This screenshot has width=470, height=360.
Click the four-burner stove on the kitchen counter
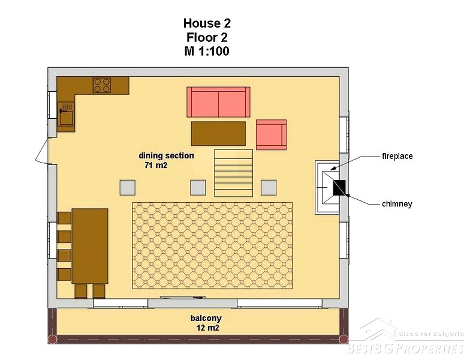(x=102, y=85)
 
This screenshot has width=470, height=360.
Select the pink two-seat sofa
(x=218, y=102)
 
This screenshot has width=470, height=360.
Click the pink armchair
(x=271, y=134)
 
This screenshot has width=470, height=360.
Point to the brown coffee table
(x=218, y=133)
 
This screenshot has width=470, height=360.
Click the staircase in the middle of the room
(x=234, y=173)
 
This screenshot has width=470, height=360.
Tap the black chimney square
(x=339, y=187)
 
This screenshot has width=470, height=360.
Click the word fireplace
(x=397, y=156)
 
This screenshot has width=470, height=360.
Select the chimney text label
(x=397, y=204)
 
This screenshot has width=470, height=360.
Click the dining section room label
(x=167, y=156)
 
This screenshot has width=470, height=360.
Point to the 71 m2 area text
(x=156, y=165)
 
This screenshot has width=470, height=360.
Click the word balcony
(x=206, y=318)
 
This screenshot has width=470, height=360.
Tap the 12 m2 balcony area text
(x=207, y=328)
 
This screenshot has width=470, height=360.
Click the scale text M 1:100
(x=207, y=51)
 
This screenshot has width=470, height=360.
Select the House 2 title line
(x=207, y=23)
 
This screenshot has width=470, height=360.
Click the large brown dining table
(x=90, y=246)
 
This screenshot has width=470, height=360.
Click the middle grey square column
(x=198, y=188)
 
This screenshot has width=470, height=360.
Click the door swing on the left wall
(x=42, y=151)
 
